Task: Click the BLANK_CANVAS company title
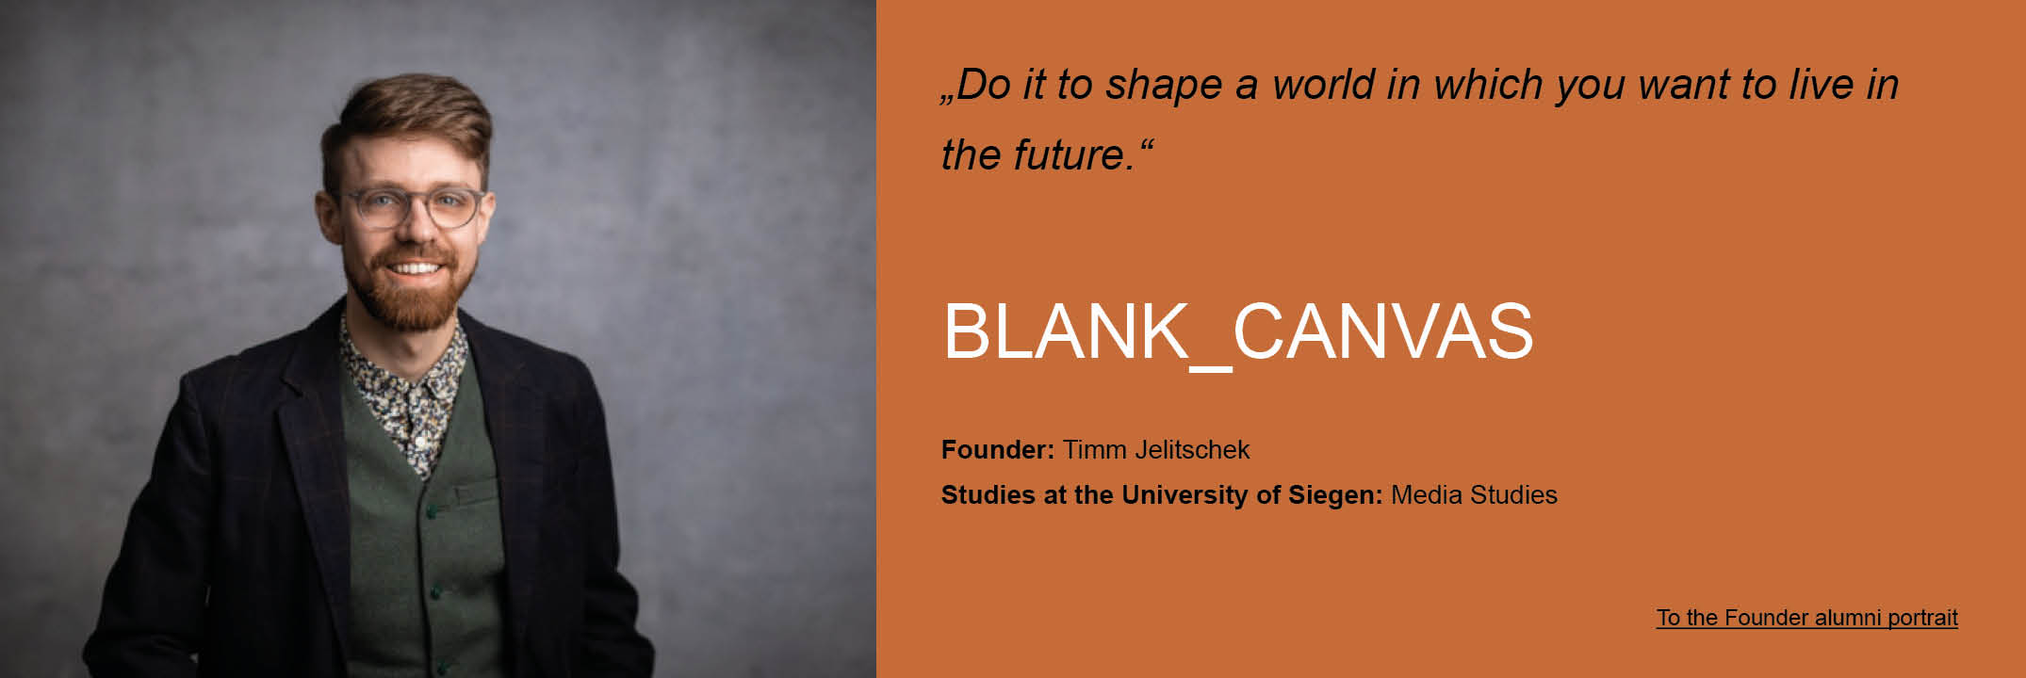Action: coord(1237,332)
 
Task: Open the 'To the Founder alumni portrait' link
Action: coord(1806,618)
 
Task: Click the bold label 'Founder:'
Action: coord(998,450)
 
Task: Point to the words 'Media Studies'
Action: coord(1474,495)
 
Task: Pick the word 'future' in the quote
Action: coord(1070,155)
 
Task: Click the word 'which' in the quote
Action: coord(1489,85)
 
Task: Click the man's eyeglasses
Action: coord(413,207)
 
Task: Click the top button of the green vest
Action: coord(433,512)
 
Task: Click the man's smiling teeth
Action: coord(415,268)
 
